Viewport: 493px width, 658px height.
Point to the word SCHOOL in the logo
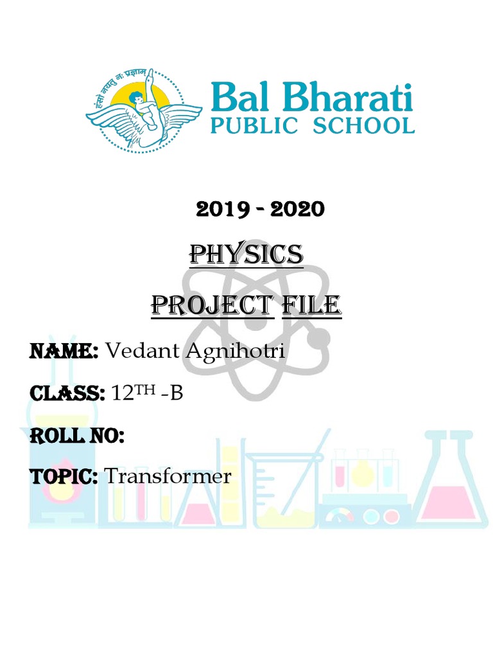click(363, 126)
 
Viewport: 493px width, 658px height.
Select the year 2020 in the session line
click(298, 209)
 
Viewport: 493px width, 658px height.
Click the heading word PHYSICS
click(246, 255)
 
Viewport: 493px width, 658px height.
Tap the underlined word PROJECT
click(208, 305)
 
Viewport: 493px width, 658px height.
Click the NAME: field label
click(64, 351)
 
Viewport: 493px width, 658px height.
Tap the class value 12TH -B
click(148, 393)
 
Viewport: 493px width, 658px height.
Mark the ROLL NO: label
click(76, 436)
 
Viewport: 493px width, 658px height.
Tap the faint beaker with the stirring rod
click(282, 492)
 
